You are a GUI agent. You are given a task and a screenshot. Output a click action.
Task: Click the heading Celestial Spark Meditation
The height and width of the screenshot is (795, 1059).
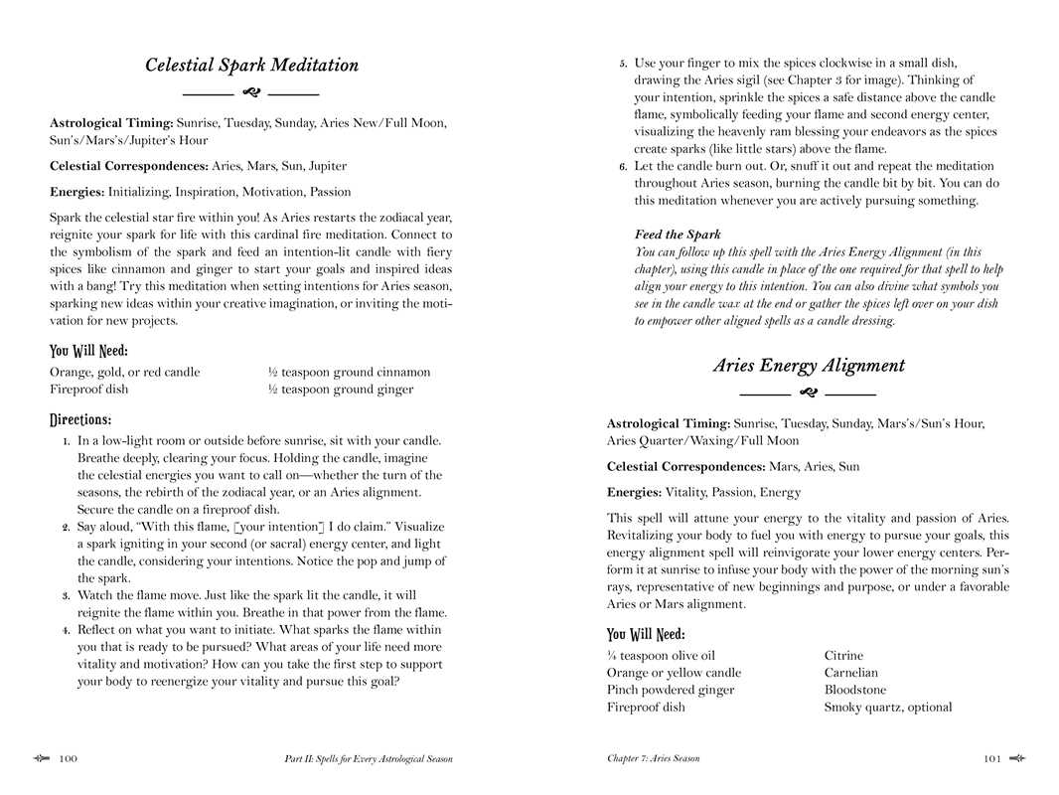251,66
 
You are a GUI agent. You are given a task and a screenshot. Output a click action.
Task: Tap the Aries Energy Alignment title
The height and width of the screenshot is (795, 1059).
808,366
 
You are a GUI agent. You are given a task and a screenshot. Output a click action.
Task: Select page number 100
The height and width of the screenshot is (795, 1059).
68,759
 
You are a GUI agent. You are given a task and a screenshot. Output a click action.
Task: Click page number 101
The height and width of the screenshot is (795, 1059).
991,759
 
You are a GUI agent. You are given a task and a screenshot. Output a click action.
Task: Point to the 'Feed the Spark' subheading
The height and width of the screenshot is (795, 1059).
678,235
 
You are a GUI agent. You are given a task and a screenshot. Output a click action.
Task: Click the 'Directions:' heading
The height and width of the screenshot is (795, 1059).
80,419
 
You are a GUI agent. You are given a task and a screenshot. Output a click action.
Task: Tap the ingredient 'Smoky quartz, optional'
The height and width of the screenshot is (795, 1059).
887,708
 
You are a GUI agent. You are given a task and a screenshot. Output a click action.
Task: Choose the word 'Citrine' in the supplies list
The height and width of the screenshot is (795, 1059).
843,656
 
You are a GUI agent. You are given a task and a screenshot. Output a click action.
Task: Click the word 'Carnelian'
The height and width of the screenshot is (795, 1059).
850,673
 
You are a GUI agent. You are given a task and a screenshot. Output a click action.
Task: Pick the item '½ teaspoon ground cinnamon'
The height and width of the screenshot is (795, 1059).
349,373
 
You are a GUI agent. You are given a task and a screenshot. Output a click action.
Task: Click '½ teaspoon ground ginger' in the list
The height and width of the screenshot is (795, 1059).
340,390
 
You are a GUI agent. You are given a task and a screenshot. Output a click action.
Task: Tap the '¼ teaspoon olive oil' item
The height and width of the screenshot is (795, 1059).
661,656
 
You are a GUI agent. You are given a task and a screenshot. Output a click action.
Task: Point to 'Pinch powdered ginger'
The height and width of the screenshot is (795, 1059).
671,690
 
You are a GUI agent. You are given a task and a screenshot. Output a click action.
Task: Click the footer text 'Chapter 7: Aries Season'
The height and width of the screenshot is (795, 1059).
653,759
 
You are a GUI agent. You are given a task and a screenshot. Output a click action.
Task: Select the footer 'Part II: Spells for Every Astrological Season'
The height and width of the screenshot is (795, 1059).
368,759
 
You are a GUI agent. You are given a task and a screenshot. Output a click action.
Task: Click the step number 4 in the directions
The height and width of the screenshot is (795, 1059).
66,630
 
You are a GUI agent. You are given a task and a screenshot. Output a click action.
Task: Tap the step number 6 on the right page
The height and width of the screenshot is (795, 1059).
623,167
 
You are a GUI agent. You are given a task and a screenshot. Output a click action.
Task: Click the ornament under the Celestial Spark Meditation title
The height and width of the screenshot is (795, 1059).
251,92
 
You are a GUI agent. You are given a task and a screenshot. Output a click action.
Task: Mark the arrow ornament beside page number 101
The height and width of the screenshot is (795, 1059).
1016,758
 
